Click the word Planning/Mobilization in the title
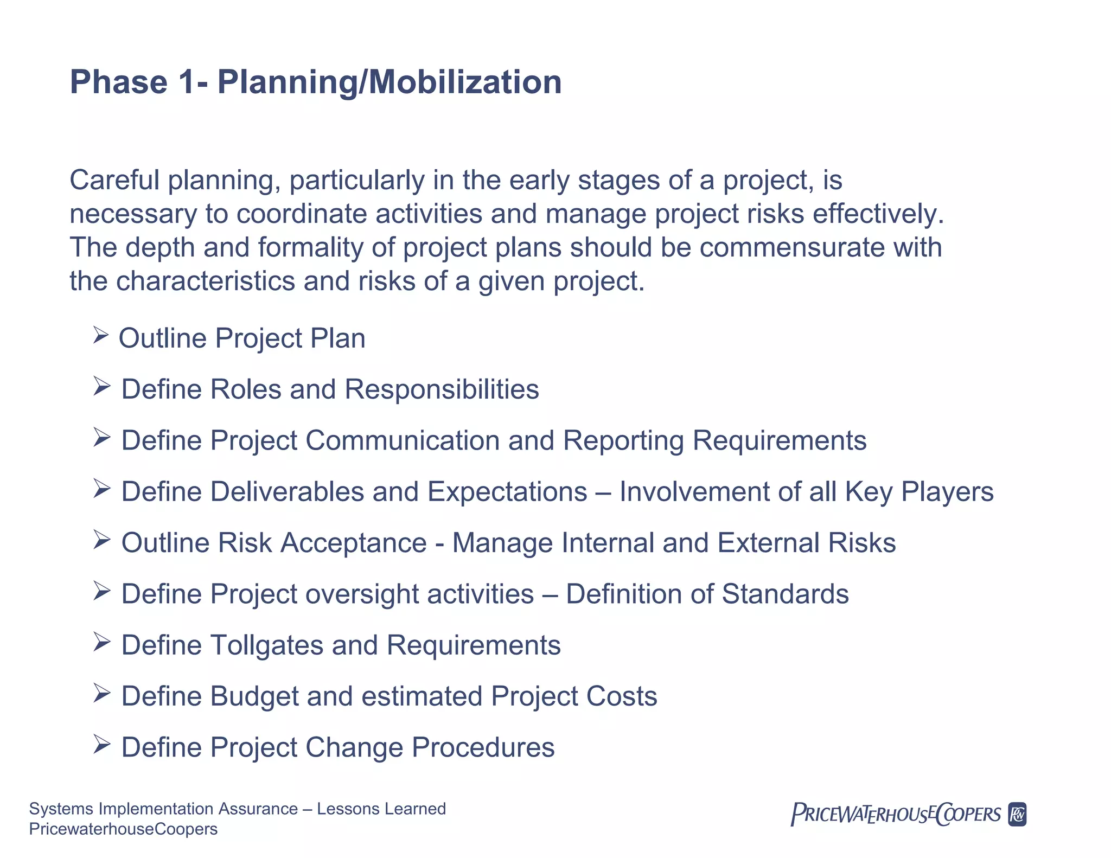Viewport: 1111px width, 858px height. click(x=389, y=82)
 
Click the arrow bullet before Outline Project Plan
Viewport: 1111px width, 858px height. click(x=101, y=335)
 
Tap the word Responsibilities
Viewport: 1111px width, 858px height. click(x=442, y=389)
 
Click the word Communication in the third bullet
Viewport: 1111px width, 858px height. click(x=403, y=440)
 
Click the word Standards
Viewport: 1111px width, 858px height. click(x=785, y=594)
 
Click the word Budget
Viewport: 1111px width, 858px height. click(x=254, y=696)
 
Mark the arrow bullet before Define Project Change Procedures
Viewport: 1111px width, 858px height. click(x=101, y=744)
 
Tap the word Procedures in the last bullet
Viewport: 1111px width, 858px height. click(x=483, y=747)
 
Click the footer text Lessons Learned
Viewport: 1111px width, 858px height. click(x=381, y=809)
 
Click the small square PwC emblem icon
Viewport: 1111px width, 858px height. click(x=1017, y=814)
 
